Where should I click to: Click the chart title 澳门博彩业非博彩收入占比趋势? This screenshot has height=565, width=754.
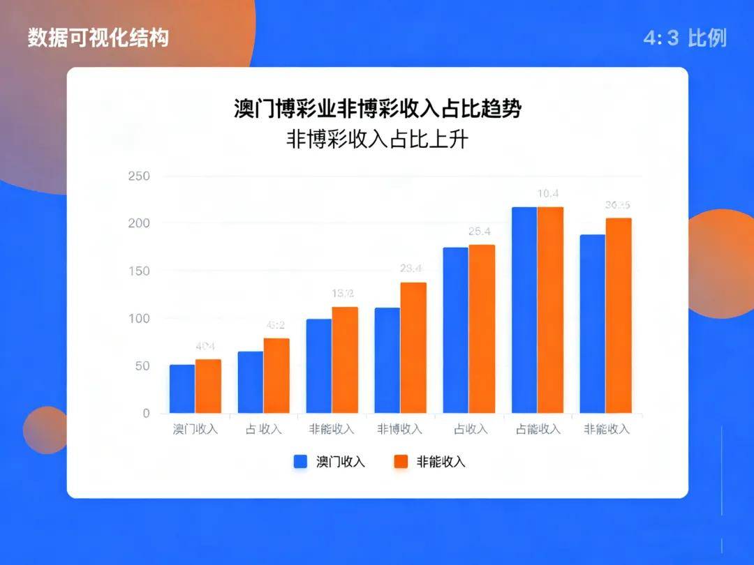pos(377,110)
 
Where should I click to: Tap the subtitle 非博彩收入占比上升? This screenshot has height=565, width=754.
pos(377,140)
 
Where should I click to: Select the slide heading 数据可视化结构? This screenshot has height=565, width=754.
pos(98,38)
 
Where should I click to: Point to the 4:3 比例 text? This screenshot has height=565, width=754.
pos(685,38)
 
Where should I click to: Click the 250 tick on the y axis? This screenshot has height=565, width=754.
pos(139,176)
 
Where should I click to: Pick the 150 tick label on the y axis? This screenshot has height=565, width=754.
pos(139,271)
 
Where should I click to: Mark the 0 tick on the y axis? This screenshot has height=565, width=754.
pos(146,413)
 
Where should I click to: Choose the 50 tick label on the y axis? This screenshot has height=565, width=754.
pos(142,366)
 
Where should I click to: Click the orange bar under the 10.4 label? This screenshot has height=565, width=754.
pos(550,310)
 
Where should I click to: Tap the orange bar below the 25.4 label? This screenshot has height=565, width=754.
pos(482,329)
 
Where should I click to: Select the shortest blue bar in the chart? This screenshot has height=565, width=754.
pos(182,389)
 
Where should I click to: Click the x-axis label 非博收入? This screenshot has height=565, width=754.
pos(400,429)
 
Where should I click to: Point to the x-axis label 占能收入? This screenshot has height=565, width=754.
pos(538,429)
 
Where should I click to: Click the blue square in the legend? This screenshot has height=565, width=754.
pos(302,462)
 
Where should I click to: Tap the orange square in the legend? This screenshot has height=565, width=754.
pos(401,462)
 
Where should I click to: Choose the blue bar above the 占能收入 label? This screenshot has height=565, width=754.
pos(524,310)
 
